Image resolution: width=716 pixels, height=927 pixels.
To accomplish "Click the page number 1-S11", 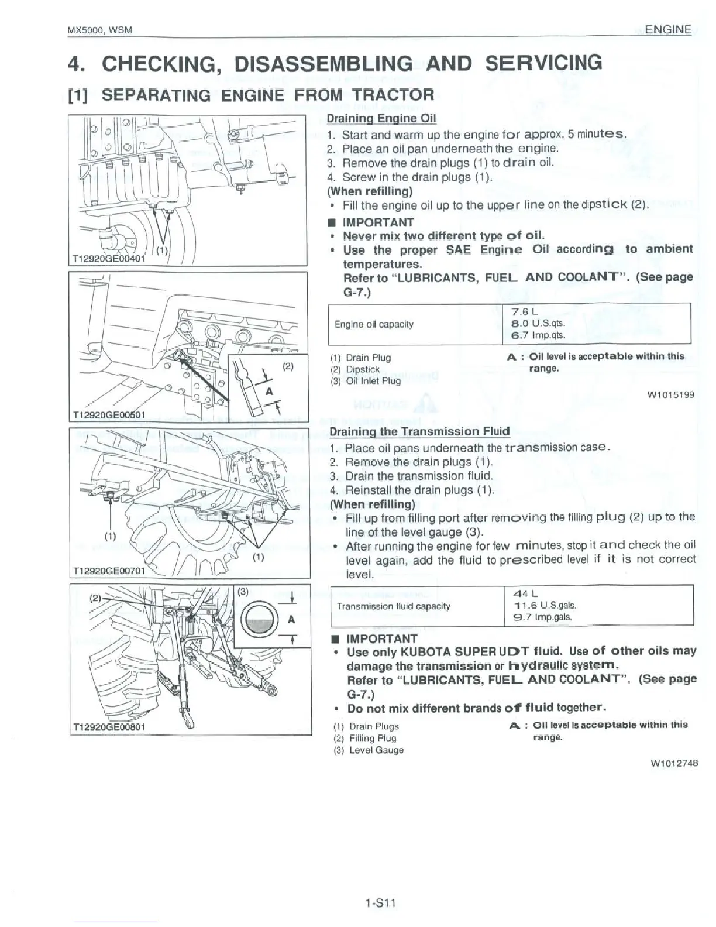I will tap(380, 902).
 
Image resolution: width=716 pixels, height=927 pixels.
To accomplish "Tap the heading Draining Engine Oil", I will tap(381, 118).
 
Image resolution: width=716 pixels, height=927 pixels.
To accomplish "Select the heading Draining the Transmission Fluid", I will tap(419, 432).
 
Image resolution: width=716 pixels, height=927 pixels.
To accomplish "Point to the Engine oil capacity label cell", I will tap(374, 324).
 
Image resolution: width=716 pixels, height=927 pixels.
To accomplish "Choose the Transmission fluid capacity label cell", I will tap(393, 606).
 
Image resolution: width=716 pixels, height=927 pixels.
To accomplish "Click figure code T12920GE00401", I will tap(109, 258).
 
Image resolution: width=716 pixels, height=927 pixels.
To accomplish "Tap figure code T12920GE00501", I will tap(109, 415).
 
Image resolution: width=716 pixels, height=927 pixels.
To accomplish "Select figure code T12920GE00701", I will tap(109, 571).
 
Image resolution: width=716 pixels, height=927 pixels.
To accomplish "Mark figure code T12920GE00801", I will tap(109, 727).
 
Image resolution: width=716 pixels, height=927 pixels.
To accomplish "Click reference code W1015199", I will tap(670, 394).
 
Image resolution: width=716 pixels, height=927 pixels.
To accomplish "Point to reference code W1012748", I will tap(673, 763).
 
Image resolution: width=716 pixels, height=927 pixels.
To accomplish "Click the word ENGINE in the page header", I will tap(667, 29).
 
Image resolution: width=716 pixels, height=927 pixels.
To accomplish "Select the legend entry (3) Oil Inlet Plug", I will tap(366, 381).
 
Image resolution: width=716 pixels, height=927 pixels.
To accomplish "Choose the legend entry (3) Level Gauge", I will tap(368, 750).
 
